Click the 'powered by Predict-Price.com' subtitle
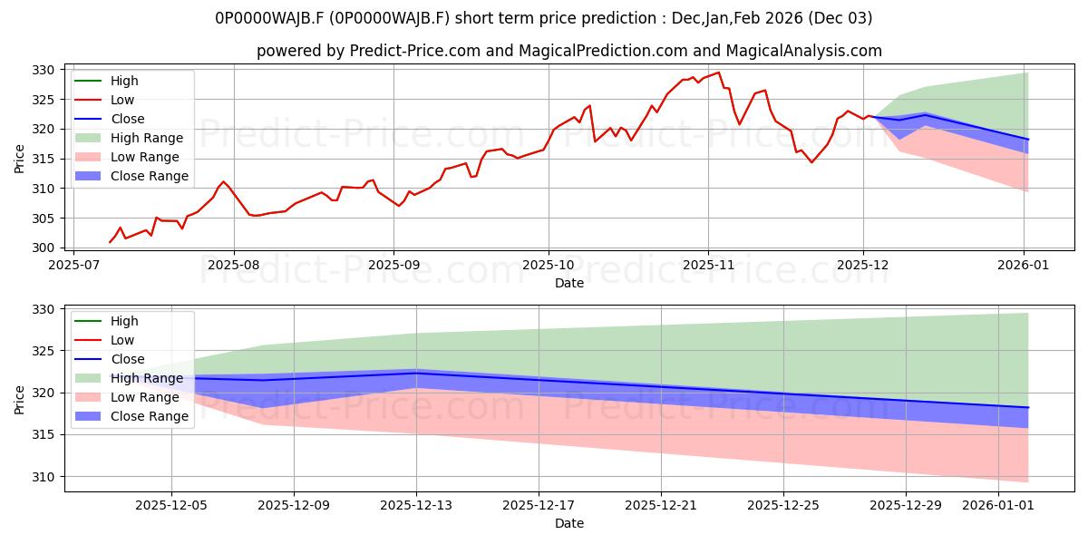(568, 51)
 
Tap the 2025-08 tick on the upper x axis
(234, 266)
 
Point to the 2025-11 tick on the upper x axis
(708, 266)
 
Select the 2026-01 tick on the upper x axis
(1024, 266)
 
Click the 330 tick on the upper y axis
(43, 70)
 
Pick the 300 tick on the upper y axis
(43, 248)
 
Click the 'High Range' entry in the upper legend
(146, 138)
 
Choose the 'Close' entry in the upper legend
(126, 119)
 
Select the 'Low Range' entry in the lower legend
(144, 397)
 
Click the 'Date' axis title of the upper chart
(568, 283)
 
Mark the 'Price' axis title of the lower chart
(20, 399)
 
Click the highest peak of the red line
(718, 73)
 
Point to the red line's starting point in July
(110, 242)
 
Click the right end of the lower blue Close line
(1028, 407)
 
